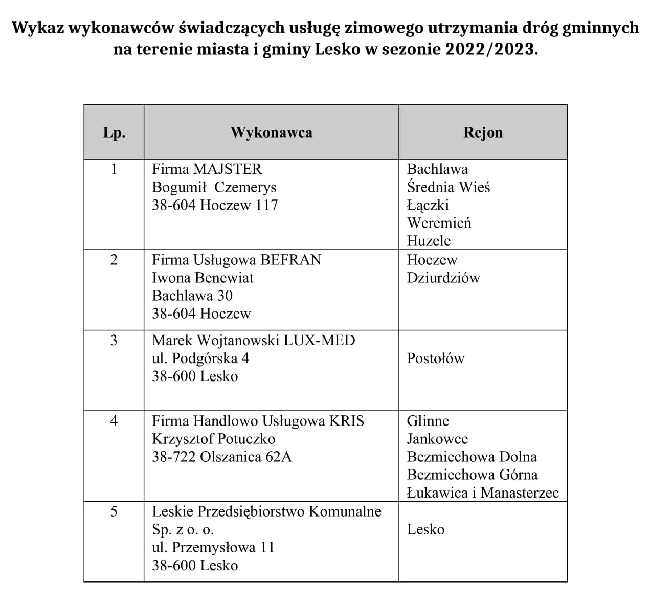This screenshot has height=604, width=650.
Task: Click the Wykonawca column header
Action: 271,132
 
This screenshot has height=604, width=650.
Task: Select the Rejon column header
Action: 483,132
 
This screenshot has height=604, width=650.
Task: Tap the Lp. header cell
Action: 114,133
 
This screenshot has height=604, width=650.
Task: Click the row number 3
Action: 114,341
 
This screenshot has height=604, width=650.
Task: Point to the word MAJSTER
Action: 227,169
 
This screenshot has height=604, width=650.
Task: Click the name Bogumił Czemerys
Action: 214,187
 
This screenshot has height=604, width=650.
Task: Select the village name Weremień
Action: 439,223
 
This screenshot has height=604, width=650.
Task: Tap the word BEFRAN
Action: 290,260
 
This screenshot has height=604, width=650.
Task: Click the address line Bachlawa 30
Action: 192,296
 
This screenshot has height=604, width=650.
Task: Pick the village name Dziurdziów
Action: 443,278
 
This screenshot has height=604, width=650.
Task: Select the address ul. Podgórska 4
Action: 200,359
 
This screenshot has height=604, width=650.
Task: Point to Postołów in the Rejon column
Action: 435,359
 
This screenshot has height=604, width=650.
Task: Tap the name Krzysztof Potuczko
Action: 213,439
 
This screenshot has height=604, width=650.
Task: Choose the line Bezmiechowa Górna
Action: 472,475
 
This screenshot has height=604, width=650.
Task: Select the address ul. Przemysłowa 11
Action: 213,547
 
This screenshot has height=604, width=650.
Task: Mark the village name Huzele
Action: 429,241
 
